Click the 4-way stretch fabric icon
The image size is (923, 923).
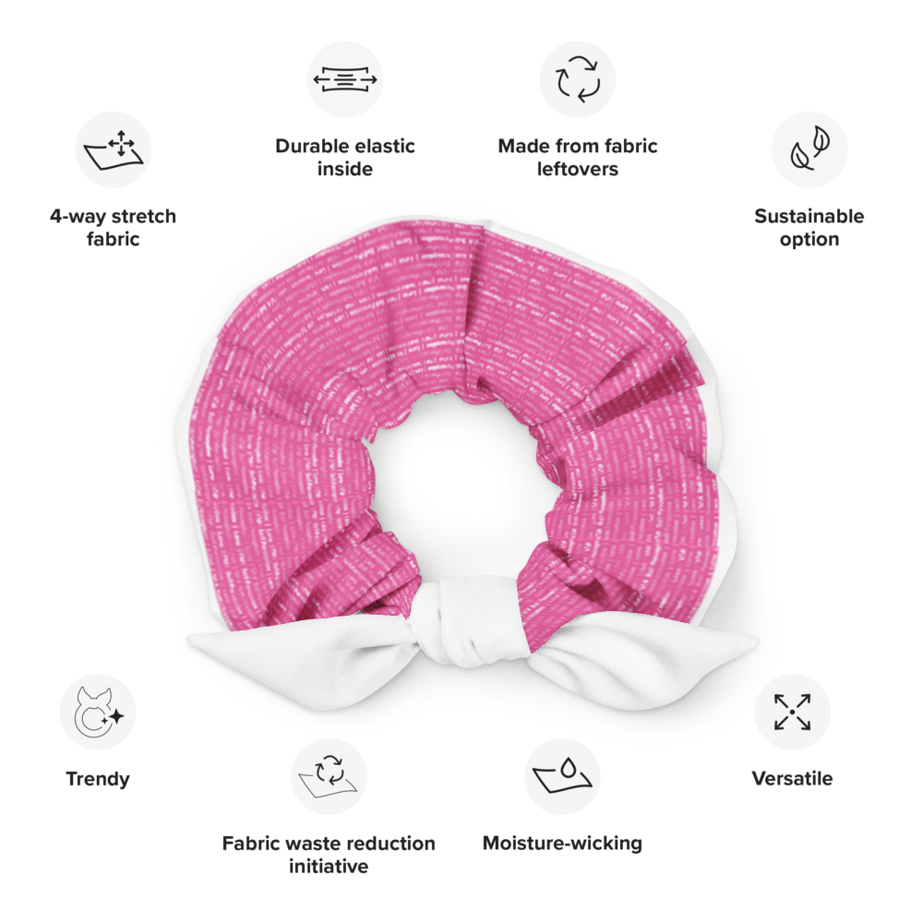[x=113, y=150]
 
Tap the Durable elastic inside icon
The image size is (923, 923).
[x=345, y=79]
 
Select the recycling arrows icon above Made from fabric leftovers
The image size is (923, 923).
[x=578, y=78]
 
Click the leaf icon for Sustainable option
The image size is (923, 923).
[x=809, y=149]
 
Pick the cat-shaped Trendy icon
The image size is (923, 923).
[x=99, y=713]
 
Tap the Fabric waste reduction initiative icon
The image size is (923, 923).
[x=329, y=777]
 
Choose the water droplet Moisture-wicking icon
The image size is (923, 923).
[x=562, y=776]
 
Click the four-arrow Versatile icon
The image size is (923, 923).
[x=792, y=713]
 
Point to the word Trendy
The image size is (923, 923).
[x=98, y=779]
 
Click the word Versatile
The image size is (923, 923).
[x=792, y=778]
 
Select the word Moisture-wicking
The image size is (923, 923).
[x=562, y=843]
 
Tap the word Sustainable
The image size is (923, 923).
[x=809, y=216]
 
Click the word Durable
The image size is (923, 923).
[x=311, y=146]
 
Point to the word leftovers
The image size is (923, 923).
[x=578, y=169]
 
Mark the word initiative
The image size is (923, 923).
[x=329, y=866]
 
